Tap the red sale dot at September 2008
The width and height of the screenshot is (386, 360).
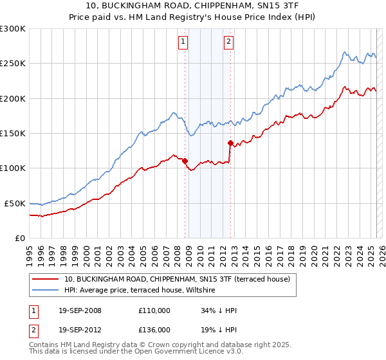185,161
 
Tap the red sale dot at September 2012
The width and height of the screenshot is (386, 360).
230,143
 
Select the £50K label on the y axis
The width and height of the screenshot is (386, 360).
15,203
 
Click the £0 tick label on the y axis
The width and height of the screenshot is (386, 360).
20,238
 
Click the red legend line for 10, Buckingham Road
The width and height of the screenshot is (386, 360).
46,279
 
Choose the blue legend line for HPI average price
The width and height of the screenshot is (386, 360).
46,291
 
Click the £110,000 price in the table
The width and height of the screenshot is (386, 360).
154,310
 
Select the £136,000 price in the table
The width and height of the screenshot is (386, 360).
154,329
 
